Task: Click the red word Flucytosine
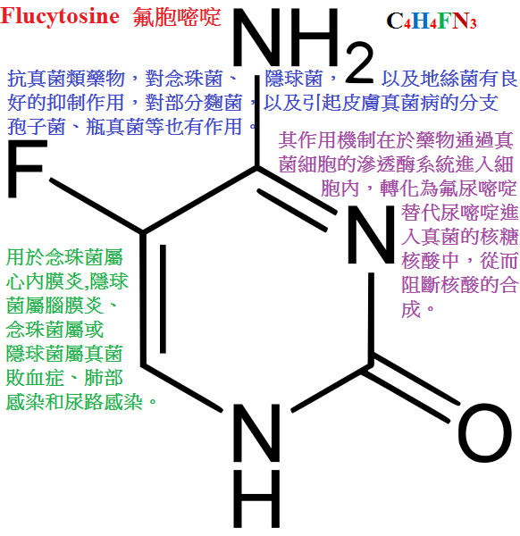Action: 60,16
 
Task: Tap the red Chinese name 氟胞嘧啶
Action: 177,17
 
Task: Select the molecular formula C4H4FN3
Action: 432,21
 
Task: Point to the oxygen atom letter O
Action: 485,431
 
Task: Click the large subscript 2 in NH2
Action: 359,63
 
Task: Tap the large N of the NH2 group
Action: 255,38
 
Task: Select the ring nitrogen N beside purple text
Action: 371,234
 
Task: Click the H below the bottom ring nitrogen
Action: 256,498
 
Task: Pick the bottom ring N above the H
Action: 256,432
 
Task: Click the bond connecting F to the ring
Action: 96,206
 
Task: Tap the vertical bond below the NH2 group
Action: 256,121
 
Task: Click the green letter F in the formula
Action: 444,21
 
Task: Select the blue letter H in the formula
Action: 421,21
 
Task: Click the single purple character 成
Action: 411,309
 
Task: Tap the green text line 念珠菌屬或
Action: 55,329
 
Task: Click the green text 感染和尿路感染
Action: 74,401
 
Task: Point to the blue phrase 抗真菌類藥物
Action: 66,79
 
